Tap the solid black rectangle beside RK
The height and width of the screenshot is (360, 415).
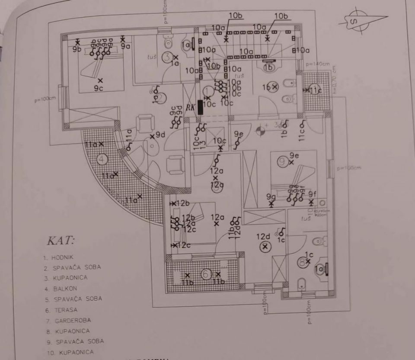pyautogui.click(x=200, y=107)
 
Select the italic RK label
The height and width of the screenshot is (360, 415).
pyautogui.click(x=190, y=108)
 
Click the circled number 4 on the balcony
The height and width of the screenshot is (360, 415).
pyautogui.click(x=102, y=160)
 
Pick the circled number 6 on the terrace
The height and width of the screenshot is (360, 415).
pyautogui.click(x=206, y=274)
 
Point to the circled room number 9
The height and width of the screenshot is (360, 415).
pyautogui.click(x=283, y=161)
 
